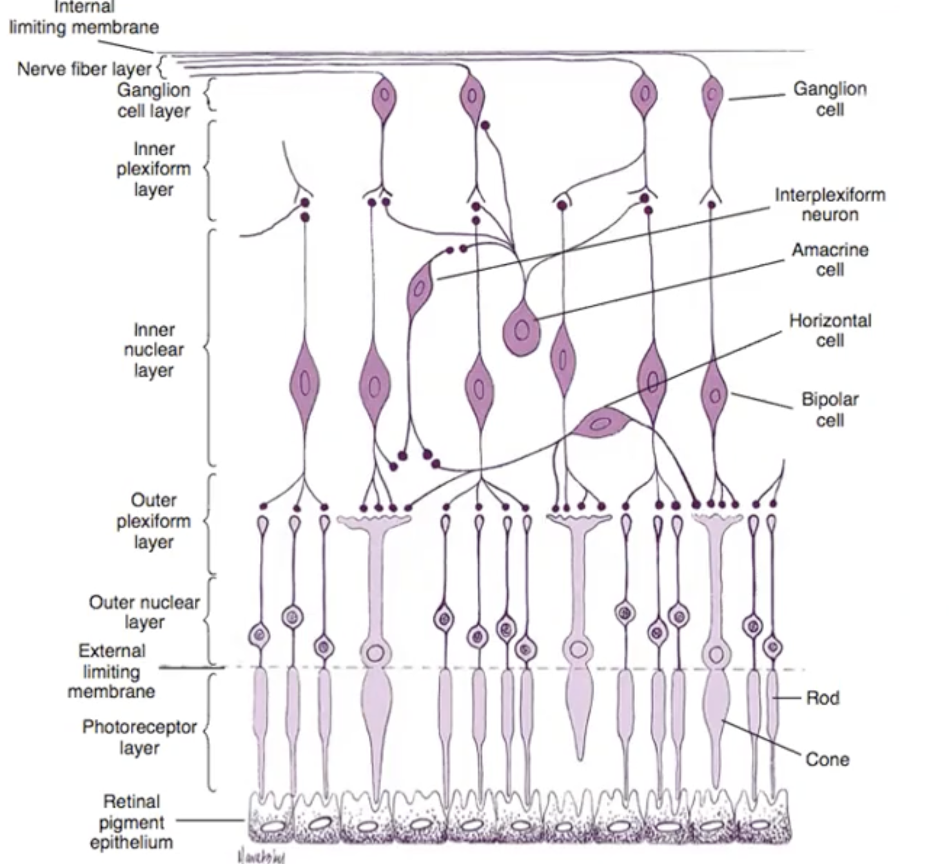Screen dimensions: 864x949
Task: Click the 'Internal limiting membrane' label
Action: tap(84, 18)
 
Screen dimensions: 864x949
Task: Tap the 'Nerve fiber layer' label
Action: tap(84, 68)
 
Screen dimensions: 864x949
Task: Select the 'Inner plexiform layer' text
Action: tap(153, 169)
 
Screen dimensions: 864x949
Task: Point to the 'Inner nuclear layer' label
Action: tap(153, 349)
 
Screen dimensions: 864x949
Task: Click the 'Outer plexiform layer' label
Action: tap(153, 520)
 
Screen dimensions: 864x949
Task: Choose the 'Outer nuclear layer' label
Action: tap(144, 612)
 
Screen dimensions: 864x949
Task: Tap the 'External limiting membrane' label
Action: tap(111, 671)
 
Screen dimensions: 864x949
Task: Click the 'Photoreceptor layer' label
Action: tap(139, 737)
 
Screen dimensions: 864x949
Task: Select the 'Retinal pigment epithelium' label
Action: tap(131, 821)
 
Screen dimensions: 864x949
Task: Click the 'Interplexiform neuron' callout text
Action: tap(830, 204)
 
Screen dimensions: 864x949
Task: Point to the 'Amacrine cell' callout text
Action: tap(830, 259)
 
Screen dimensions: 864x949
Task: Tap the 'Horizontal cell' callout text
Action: tap(830, 330)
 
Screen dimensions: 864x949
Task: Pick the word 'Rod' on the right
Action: tap(822, 698)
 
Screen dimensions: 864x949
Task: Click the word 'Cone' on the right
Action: tap(827, 759)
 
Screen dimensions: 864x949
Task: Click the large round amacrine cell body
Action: tap(522, 329)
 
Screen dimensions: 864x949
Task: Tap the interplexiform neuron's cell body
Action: tap(420, 286)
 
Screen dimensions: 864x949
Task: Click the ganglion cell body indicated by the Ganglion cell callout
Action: tap(712, 96)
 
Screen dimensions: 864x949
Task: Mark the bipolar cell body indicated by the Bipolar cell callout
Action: tap(714, 393)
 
